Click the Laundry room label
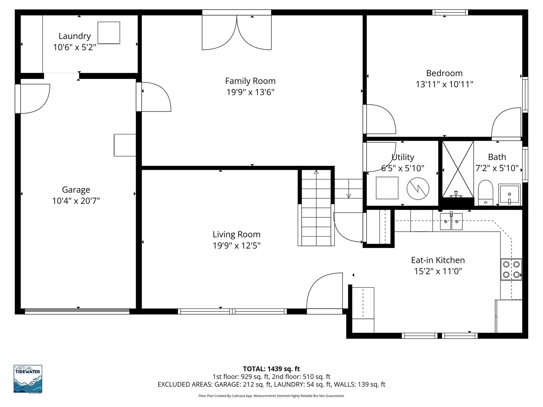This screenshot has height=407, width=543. [x=75, y=36]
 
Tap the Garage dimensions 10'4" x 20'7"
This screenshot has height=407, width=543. [x=76, y=201]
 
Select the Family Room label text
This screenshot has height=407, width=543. [x=250, y=81]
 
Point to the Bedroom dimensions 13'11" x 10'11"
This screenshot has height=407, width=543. [x=444, y=84]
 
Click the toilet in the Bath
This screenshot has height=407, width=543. [x=485, y=192]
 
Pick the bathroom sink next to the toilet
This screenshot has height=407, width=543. [x=509, y=194]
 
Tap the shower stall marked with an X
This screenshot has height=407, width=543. [x=458, y=169]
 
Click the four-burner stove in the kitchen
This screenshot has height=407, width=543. [x=511, y=269]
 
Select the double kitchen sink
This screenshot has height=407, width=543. [x=451, y=222]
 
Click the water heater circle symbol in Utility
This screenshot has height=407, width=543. [x=418, y=189]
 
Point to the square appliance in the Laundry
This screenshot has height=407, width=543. [x=109, y=33]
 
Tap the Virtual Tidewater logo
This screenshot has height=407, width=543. [x=28, y=379]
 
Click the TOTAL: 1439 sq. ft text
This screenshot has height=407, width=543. [x=271, y=369]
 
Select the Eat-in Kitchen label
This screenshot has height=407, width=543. [x=438, y=260]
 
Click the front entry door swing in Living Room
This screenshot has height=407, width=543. [x=324, y=291]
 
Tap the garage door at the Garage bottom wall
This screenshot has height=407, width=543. [x=77, y=311]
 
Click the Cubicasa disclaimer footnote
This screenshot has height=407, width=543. [x=271, y=396]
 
